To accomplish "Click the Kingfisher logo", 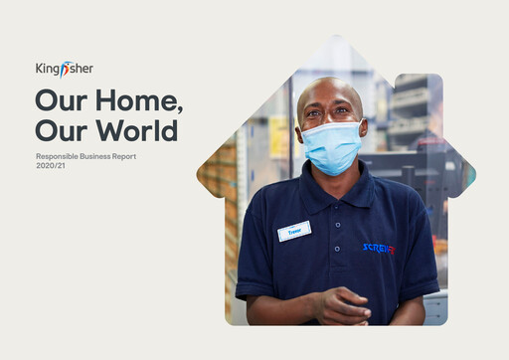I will [x=64, y=69].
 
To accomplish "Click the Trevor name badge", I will [x=294, y=231].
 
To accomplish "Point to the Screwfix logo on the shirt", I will [x=379, y=248].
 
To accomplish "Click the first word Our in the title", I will [x=59, y=101].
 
